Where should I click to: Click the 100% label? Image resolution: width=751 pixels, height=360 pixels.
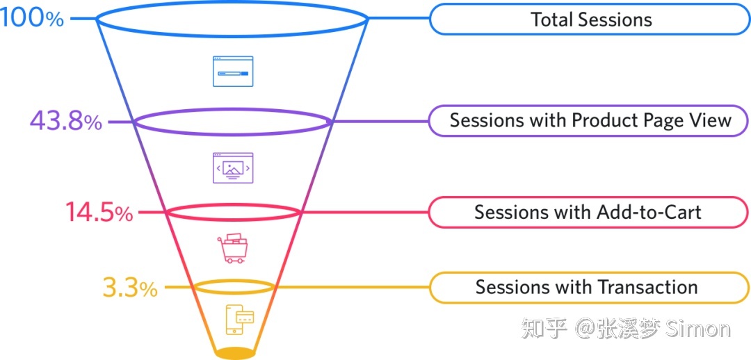[x=32, y=18]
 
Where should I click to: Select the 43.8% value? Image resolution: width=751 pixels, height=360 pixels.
[x=66, y=122]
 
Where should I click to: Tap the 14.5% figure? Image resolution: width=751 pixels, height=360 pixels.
[x=99, y=212]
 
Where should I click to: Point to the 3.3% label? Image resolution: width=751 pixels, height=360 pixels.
[x=130, y=288]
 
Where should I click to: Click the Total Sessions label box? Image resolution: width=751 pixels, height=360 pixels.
[x=590, y=19]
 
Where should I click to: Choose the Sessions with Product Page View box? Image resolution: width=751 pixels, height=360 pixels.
[x=590, y=120]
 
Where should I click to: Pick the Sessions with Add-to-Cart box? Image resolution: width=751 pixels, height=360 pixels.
[x=588, y=212]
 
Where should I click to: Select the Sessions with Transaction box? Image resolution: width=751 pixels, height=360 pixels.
[x=588, y=287]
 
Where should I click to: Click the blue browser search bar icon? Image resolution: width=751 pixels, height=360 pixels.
[x=233, y=72]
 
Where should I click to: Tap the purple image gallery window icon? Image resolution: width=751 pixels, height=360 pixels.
[x=233, y=167]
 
